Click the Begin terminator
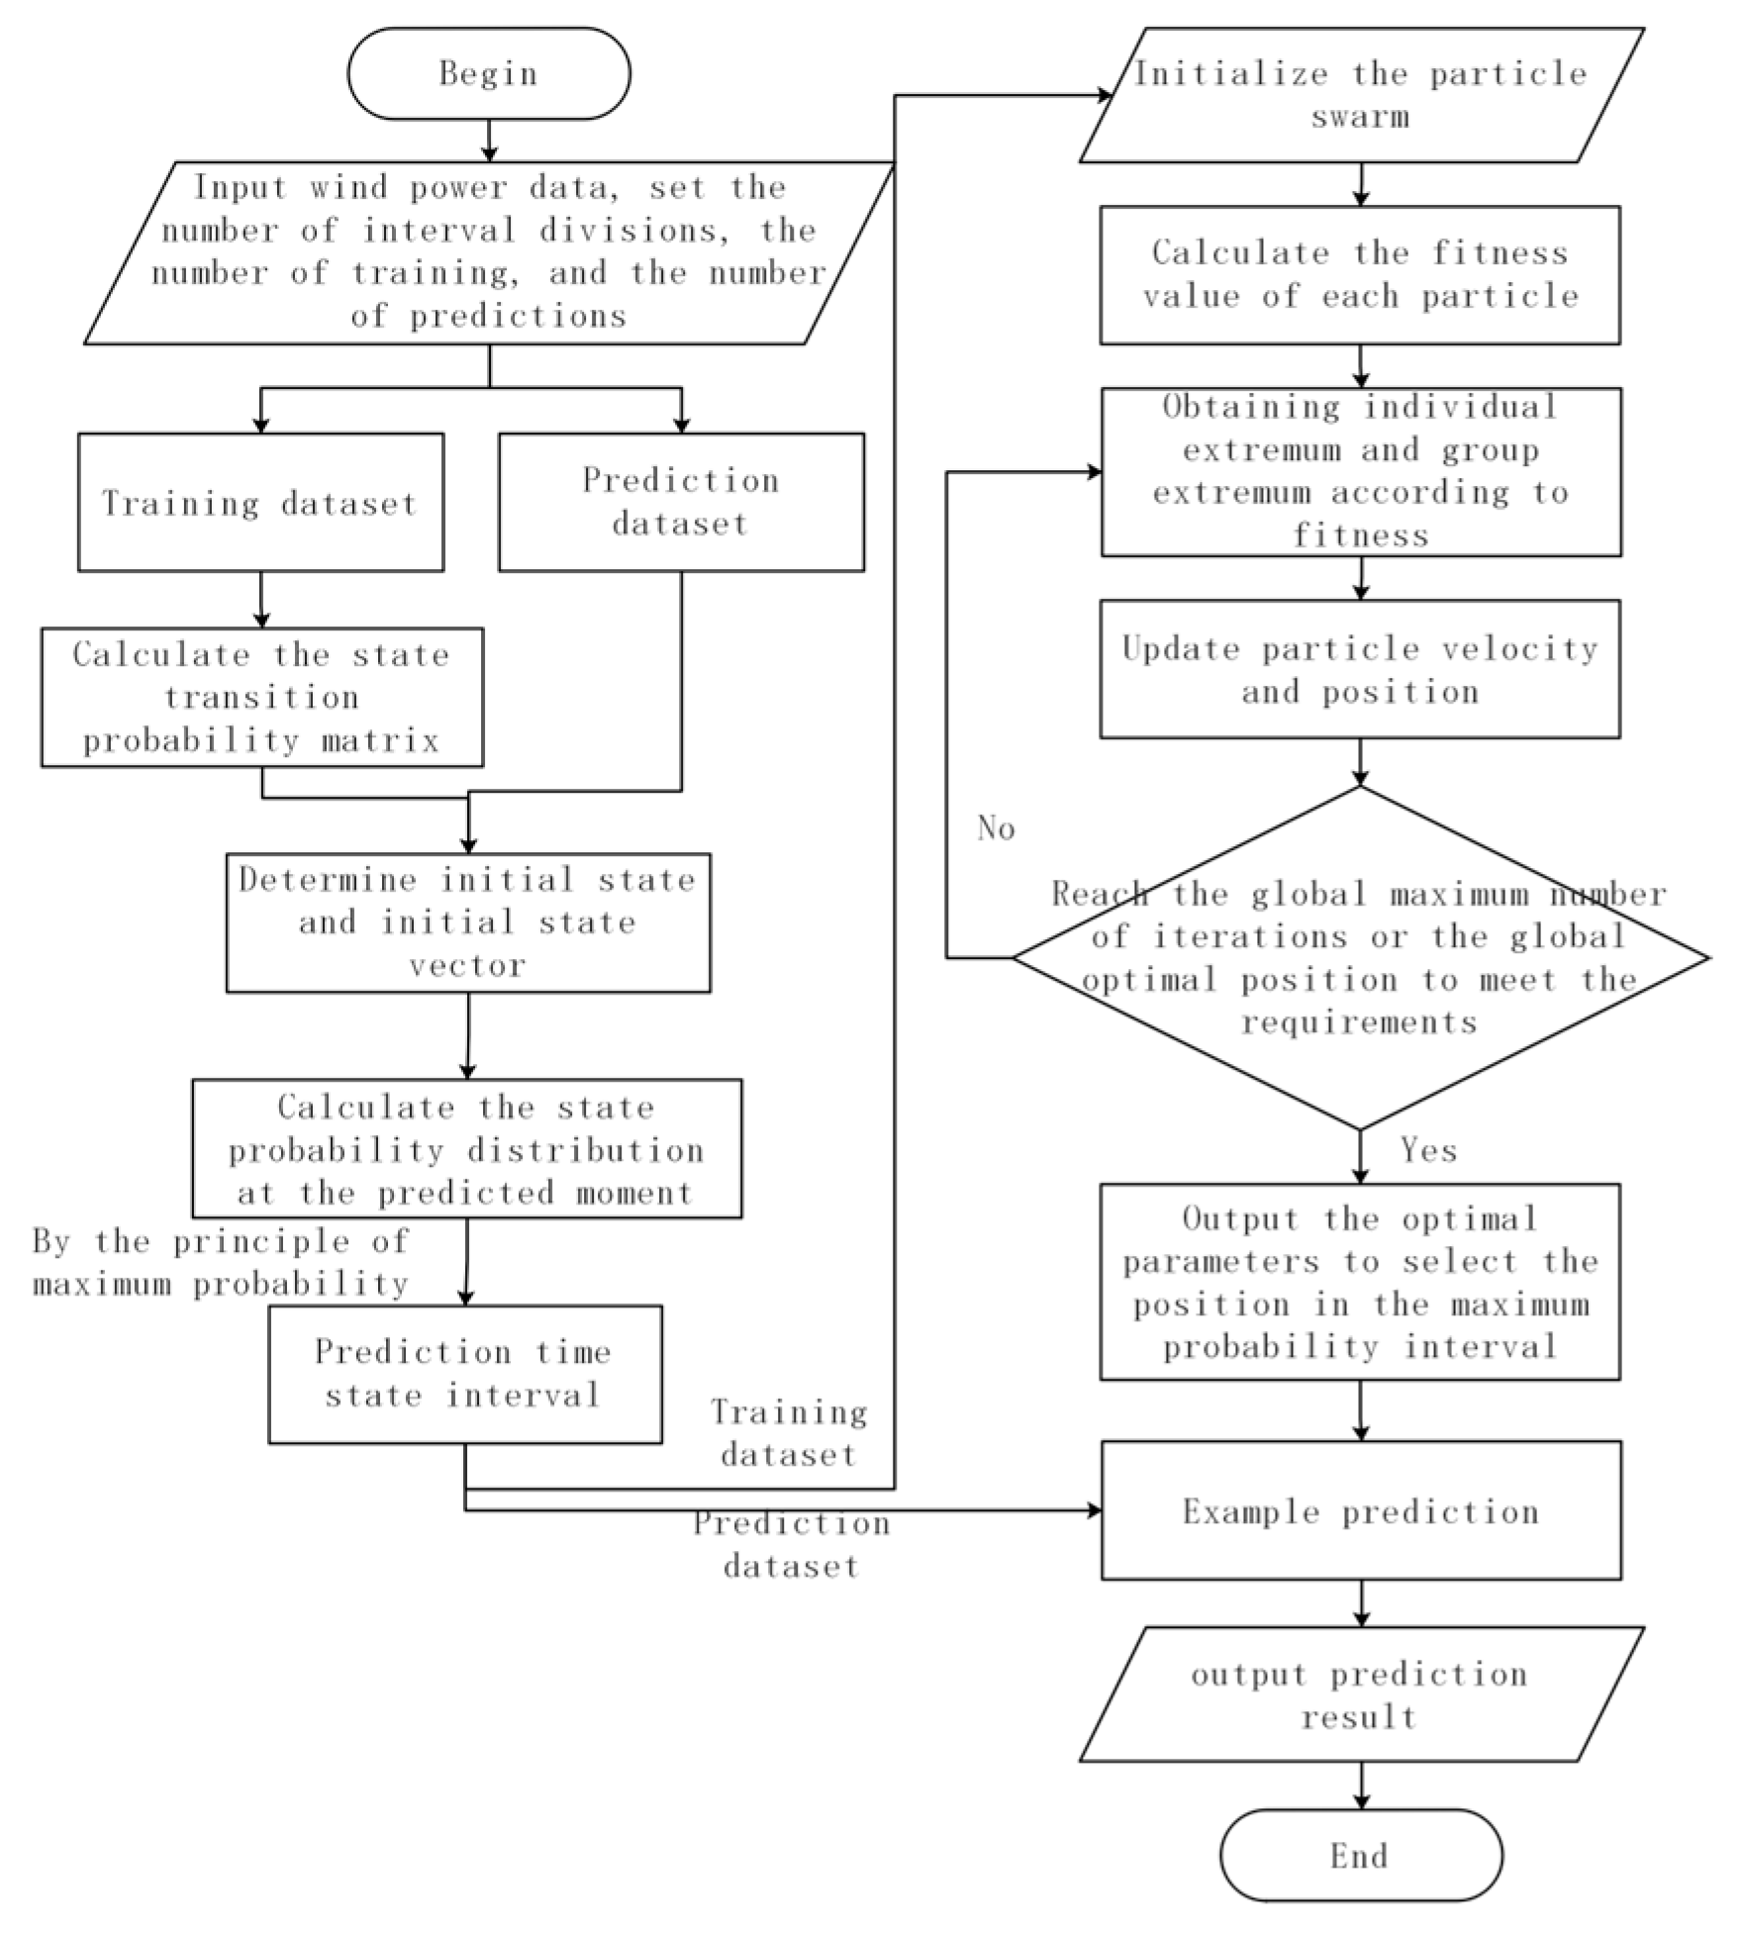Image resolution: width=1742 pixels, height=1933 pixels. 488,74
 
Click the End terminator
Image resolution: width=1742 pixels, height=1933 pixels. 1360,1856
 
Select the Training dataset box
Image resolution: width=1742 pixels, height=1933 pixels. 260,503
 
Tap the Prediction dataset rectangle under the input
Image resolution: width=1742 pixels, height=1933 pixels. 681,502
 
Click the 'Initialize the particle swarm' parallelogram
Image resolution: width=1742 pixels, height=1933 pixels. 1360,95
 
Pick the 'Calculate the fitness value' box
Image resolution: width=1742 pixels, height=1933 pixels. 1360,275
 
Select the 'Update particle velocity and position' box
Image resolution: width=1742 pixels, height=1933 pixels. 1360,669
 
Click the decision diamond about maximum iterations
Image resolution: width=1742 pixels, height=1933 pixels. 1360,958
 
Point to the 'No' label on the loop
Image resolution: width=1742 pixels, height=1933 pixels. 996,828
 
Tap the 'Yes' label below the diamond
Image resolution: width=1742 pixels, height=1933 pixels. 1428,1150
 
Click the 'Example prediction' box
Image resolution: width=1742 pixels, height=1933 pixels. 1360,1511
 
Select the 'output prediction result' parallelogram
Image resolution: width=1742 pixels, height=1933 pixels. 1360,1694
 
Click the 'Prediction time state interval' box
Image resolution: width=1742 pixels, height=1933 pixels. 464,1374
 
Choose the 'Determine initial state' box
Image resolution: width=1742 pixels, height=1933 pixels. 467,922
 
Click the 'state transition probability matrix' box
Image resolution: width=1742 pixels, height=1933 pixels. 261,698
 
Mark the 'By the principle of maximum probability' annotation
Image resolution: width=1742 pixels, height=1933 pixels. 220,1263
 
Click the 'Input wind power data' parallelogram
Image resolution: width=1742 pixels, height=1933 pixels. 488,252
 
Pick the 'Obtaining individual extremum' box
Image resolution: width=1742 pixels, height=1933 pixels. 1360,471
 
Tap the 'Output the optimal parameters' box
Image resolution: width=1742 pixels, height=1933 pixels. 1360,1282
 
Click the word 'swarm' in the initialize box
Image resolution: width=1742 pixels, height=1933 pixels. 1360,117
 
